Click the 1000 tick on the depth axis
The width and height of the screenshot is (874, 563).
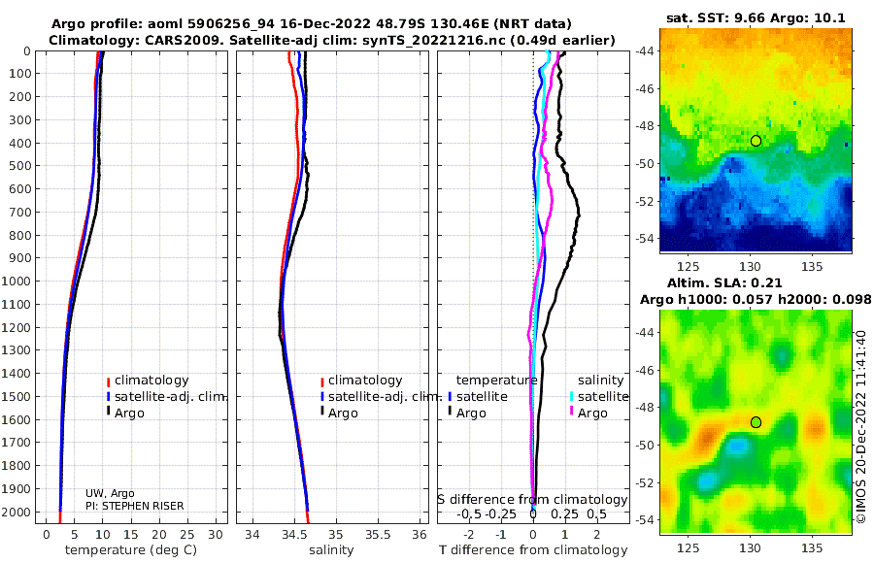(x=16, y=281)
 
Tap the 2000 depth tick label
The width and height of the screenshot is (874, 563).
(x=16, y=512)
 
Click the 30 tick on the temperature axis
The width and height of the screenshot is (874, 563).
(x=216, y=535)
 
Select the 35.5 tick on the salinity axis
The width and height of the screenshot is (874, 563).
(x=378, y=535)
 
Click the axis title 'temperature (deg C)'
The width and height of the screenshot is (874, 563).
(x=131, y=550)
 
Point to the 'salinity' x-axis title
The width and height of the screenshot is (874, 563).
(x=331, y=550)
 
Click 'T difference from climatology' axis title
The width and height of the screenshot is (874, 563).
(x=533, y=550)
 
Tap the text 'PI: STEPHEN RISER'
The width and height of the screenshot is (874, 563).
(x=134, y=506)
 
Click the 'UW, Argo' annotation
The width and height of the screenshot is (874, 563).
(x=110, y=493)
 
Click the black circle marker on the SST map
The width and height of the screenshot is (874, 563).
(x=756, y=141)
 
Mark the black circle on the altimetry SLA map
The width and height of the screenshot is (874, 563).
(x=756, y=422)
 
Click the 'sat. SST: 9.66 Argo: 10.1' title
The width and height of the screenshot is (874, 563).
(x=756, y=18)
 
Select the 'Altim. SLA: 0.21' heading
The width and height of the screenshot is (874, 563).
(x=724, y=283)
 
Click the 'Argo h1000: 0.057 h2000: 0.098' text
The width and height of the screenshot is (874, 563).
(x=756, y=300)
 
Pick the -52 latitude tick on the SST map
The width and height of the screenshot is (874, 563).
(x=646, y=201)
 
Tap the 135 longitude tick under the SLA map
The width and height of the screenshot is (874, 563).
(x=812, y=547)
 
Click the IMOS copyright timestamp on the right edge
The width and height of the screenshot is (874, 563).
(x=861, y=426)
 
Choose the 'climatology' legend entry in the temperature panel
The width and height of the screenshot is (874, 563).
(x=151, y=381)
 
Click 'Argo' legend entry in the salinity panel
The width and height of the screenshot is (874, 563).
(x=343, y=414)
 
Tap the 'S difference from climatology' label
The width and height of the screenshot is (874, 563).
(x=532, y=500)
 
